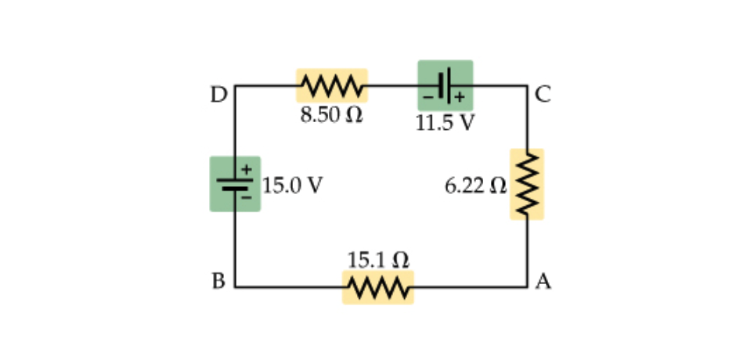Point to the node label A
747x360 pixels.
(x=543, y=281)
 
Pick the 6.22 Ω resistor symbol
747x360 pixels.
(x=527, y=184)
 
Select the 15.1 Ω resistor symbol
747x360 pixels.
(x=377, y=287)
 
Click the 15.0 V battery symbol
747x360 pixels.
(x=235, y=184)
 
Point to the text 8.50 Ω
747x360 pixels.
(x=331, y=115)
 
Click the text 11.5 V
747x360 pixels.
(x=445, y=124)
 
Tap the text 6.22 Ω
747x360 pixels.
(x=475, y=186)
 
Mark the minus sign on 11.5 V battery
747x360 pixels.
(x=428, y=97)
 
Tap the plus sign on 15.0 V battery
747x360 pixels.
(x=246, y=168)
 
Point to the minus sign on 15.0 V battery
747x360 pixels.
(x=246, y=198)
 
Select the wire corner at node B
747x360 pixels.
(x=235, y=287)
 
